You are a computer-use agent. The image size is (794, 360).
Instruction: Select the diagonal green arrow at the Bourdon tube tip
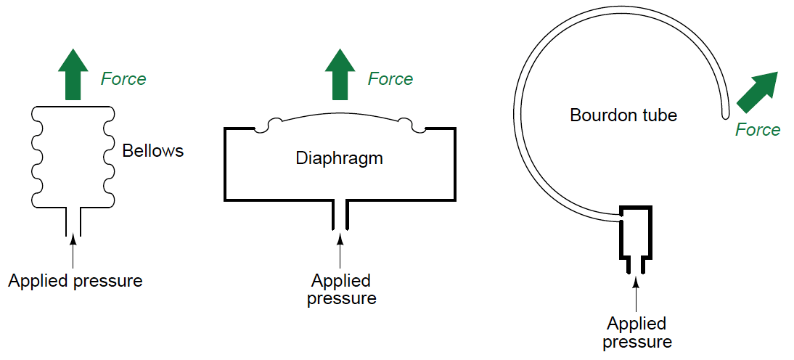click(x=758, y=91)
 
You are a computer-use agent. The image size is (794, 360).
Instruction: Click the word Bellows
click(x=153, y=151)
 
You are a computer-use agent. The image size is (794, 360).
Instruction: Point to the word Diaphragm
click(x=339, y=158)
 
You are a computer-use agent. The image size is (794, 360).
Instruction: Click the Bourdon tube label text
click(x=623, y=115)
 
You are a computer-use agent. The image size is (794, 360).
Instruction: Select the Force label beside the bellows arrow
click(x=123, y=78)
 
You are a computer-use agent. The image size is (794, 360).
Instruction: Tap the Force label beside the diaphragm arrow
click(x=390, y=78)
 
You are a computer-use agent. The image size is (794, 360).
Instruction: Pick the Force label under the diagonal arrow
click(x=758, y=130)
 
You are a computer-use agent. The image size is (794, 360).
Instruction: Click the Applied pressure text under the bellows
click(x=75, y=281)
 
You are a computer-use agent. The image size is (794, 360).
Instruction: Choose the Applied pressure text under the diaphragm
click(x=341, y=289)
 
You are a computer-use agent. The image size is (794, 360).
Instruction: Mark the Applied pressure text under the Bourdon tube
click(x=637, y=332)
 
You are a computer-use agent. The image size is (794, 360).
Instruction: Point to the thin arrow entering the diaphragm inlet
click(x=340, y=250)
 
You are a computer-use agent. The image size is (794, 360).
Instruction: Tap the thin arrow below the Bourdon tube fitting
click(x=636, y=293)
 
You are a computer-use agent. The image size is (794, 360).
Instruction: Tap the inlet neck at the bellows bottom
click(x=73, y=221)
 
